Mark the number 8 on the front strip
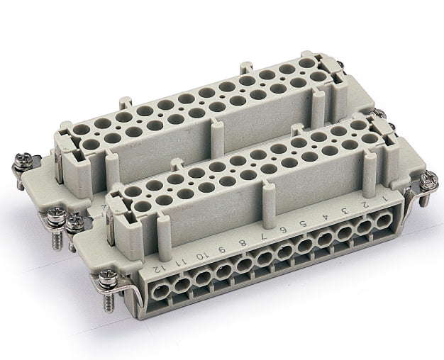(x=244, y=242)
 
